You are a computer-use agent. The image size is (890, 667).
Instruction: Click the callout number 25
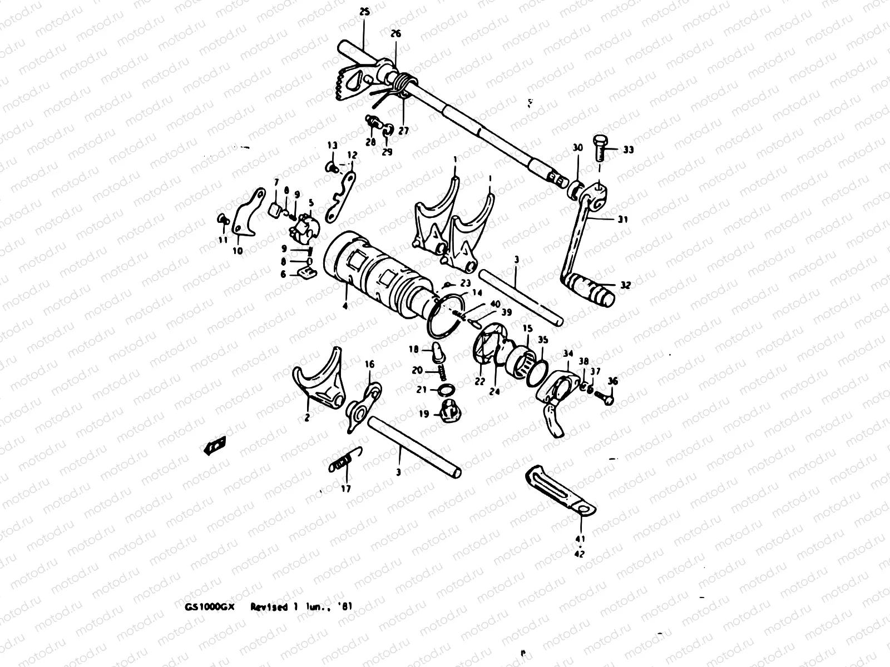click(x=364, y=11)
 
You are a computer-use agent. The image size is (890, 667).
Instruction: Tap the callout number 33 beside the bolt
click(x=628, y=150)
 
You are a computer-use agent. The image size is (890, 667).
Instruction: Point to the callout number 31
click(x=622, y=220)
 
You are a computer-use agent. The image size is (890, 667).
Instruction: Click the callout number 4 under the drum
click(x=345, y=306)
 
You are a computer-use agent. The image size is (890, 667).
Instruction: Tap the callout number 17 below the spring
click(x=347, y=489)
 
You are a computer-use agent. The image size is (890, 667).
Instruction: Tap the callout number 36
click(x=612, y=381)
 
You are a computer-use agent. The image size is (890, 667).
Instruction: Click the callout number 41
click(x=580, y=539)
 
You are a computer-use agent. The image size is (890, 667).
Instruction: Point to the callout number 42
click(x=580, y=554)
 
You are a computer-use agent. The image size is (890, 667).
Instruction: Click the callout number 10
click(x=238, y=251)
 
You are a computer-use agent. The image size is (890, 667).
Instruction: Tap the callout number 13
click(x=332, y=145)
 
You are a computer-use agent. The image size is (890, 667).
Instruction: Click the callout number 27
click(x=403, y=131)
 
